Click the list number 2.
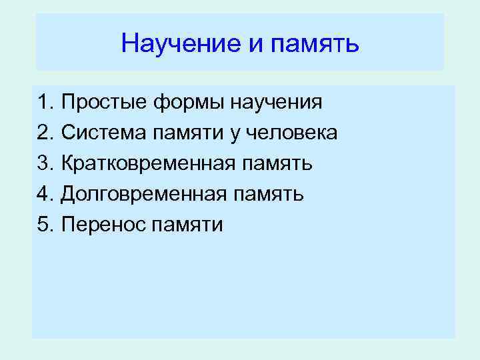click(45, 133)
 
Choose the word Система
click(103, 133)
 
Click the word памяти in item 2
click(189, 133)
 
